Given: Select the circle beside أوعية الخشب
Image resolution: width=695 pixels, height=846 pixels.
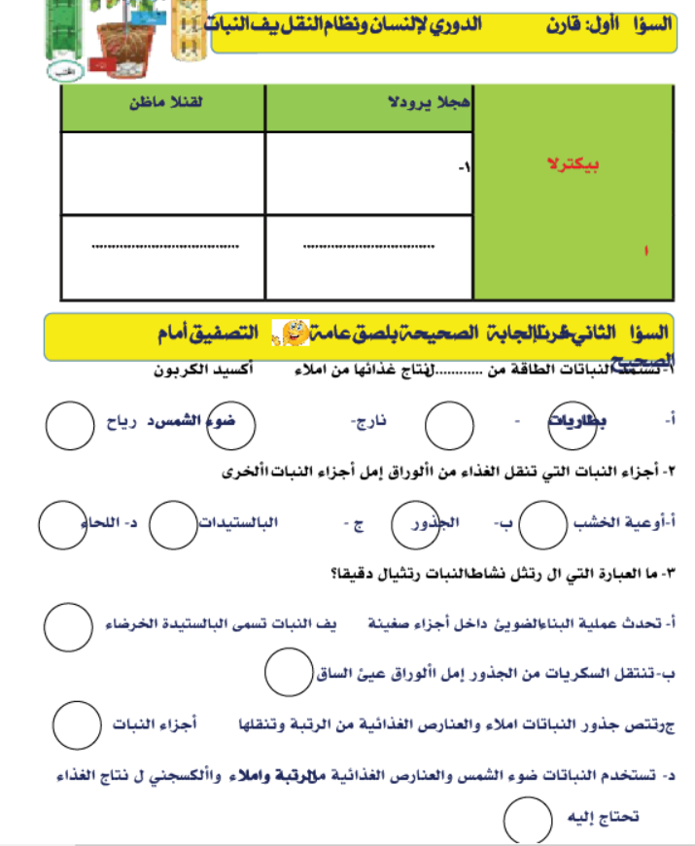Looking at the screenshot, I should pos(542,525).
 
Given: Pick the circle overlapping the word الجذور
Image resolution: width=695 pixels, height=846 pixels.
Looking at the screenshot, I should pos(413,525).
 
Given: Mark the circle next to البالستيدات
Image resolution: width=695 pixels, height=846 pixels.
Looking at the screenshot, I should pos(178,525).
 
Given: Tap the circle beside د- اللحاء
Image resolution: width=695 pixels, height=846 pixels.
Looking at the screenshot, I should pos(63,525).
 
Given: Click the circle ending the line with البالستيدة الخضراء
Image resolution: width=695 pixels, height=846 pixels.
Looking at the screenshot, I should pos(70,625).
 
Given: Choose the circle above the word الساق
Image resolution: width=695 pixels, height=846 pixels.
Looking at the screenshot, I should pos(289,671).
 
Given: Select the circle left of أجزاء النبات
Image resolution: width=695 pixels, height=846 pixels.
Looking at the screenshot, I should pos(78,724).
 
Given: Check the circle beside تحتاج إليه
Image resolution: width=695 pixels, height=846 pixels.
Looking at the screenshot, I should pos(529,819).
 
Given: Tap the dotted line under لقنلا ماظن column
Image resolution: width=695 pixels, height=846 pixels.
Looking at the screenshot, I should pos(161,246).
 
